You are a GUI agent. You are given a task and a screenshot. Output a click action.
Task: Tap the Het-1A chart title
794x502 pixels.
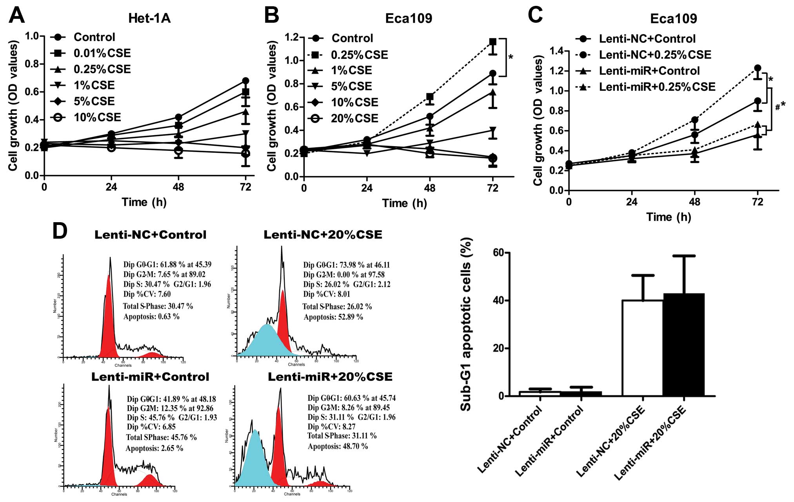pyautogui.click(x=149, y=18)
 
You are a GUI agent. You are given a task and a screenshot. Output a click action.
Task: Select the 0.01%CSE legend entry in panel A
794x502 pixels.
pyautogui.click(x=102, y=53)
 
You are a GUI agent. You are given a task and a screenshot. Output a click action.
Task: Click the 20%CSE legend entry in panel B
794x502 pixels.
pyautogui.click(x=354, y=118)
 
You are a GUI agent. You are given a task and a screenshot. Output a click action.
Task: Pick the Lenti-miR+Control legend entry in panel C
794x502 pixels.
pyautogui.click(x=649, y=71)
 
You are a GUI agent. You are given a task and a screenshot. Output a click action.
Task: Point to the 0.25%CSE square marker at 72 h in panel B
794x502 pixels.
pyautogui.click(x=492, y=42)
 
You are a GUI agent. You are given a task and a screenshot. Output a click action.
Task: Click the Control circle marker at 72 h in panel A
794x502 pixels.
pyautogui.click(x=245, y=81)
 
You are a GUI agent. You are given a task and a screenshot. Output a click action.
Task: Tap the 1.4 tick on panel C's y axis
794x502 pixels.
pyautogui.click(x=557, y=51)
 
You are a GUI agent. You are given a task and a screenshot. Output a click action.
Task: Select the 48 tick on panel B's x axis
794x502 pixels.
pyautogui.click(x=430, y=188)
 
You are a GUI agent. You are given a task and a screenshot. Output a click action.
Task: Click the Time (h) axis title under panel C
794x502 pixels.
pyautogui.click(x=669, y=217)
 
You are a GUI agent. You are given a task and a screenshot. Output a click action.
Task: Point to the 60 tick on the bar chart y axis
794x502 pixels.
pyautogui.click(x=498, y=253)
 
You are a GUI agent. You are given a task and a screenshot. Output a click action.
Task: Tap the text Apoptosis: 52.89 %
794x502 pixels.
pyautogui.click(x=333, y=317)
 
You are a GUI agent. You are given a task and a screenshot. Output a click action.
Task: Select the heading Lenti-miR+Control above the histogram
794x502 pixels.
pyautogui.click(x=150, y=377)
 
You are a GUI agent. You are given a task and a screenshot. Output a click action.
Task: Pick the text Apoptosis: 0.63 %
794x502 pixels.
pyautogui.click(x=151, y=316)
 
